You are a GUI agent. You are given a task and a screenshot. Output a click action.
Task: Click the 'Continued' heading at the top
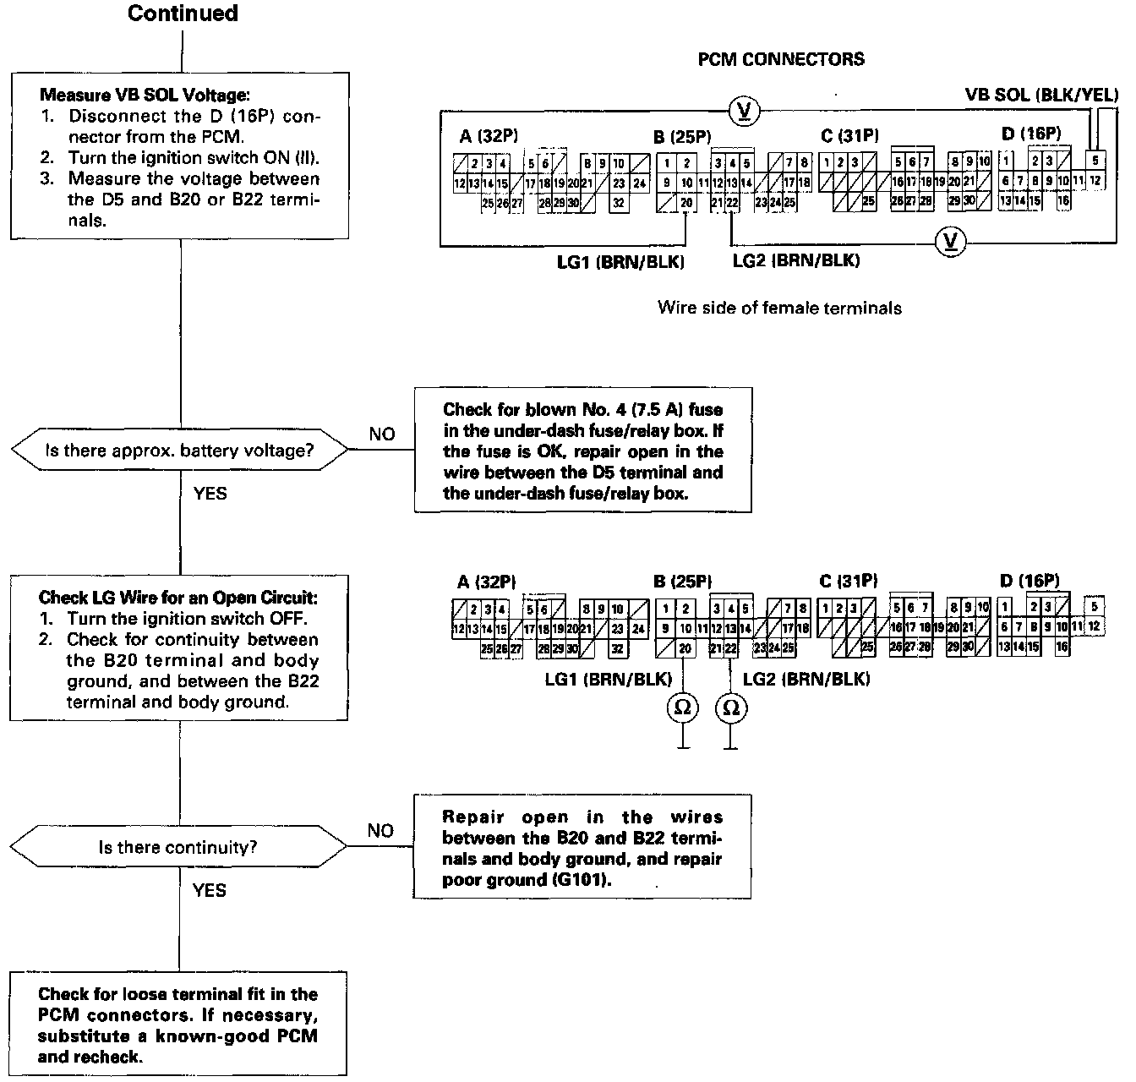coord(183,14)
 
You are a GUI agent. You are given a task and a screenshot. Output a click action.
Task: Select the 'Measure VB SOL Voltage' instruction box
coord(180,156)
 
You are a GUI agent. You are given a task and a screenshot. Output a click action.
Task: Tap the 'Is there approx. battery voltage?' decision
coord(179,451)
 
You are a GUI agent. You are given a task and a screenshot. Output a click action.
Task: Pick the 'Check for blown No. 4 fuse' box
coord(582,451)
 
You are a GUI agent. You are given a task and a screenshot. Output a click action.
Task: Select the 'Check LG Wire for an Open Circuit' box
coord(178,648)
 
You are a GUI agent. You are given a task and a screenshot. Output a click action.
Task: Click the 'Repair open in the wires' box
coord(582,848)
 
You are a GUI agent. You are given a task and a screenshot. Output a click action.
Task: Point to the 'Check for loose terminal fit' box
coord(178,1025)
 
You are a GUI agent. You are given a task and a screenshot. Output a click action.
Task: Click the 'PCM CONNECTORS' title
coord(781,59)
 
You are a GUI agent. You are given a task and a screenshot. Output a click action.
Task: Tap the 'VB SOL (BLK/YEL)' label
coord(1040,94)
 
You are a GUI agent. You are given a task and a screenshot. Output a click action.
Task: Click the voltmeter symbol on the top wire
coord(745,110)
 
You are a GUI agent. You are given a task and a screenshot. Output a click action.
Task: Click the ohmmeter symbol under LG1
coord(682,708)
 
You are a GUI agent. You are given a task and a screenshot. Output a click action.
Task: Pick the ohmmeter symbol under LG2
coord(731,708)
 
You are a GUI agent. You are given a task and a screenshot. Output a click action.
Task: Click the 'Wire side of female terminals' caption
coord(779,308)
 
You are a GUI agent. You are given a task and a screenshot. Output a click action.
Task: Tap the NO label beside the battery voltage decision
coord(382,434)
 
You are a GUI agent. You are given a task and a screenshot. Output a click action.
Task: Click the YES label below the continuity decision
coord(210,889)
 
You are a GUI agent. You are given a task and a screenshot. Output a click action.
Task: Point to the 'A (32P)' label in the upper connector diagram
coord(489,137)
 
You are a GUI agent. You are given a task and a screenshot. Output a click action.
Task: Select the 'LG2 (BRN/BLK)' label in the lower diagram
coord(806,678)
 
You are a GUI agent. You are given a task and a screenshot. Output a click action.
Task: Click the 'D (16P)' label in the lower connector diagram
coord(1029,581)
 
